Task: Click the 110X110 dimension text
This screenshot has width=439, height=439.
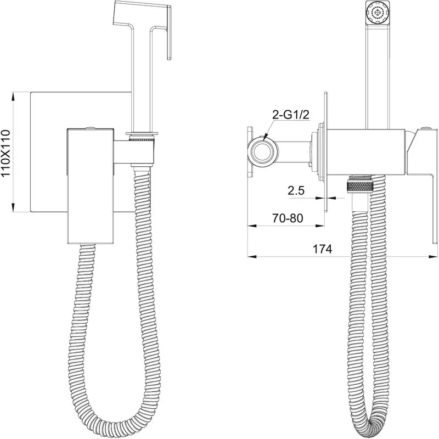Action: pyautogui.click(x=6, y=153)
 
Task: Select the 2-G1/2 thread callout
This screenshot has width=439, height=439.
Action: pyautogui.click(x=291, y=115)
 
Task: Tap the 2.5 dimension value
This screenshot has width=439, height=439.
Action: pyautogui.click(x=296, y=190)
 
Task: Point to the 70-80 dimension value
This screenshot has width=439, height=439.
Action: pyautogui.click(x=288, y=218)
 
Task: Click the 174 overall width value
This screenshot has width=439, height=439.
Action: pyautogui.click(x=322, y=249)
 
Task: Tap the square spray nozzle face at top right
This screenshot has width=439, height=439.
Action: pyautogui.click(x=378, y=13)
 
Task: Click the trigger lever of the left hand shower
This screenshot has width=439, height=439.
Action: pyautogui.click(x=169, y=33)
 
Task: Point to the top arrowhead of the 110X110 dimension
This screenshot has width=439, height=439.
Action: pyautogui.click(x=13, y=96)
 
